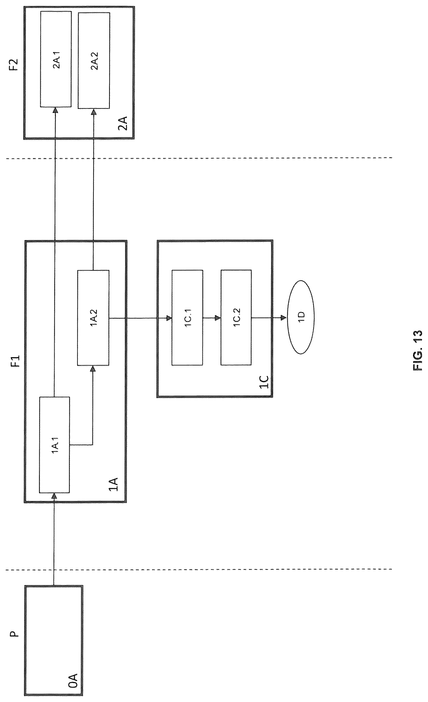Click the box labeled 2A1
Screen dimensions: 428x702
coord(56,59)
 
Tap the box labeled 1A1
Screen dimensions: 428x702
coord(54,445)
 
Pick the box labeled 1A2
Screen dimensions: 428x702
coord(93,318)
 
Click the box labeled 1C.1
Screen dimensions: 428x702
coord(187,318)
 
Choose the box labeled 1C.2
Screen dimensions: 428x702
coord(236,318)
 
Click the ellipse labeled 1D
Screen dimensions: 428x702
coord(300,317)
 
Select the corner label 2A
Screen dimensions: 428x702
coord(123,123)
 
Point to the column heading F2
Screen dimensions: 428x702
coord(13,65)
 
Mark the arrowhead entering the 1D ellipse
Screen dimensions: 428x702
coord(284,317)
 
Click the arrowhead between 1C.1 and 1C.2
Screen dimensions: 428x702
coord(218,317)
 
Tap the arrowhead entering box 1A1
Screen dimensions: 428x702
coord(54,496)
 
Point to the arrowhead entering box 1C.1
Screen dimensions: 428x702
coord(169,317)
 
